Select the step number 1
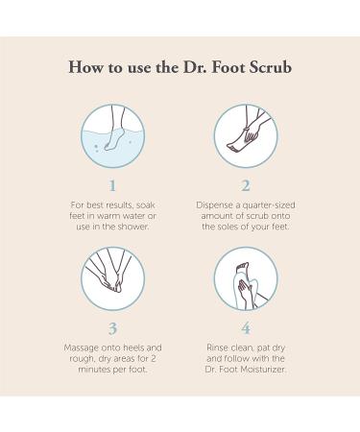point(112,185)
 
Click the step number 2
point(246,185)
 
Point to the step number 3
point(112,328)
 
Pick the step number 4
point(246,328)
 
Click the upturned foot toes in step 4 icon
point(243,266)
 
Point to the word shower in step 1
point(133,227)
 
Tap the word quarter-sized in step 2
point(269,205)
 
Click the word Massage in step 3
point(82,348)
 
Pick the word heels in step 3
point(133,348)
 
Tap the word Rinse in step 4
point(217,348)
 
